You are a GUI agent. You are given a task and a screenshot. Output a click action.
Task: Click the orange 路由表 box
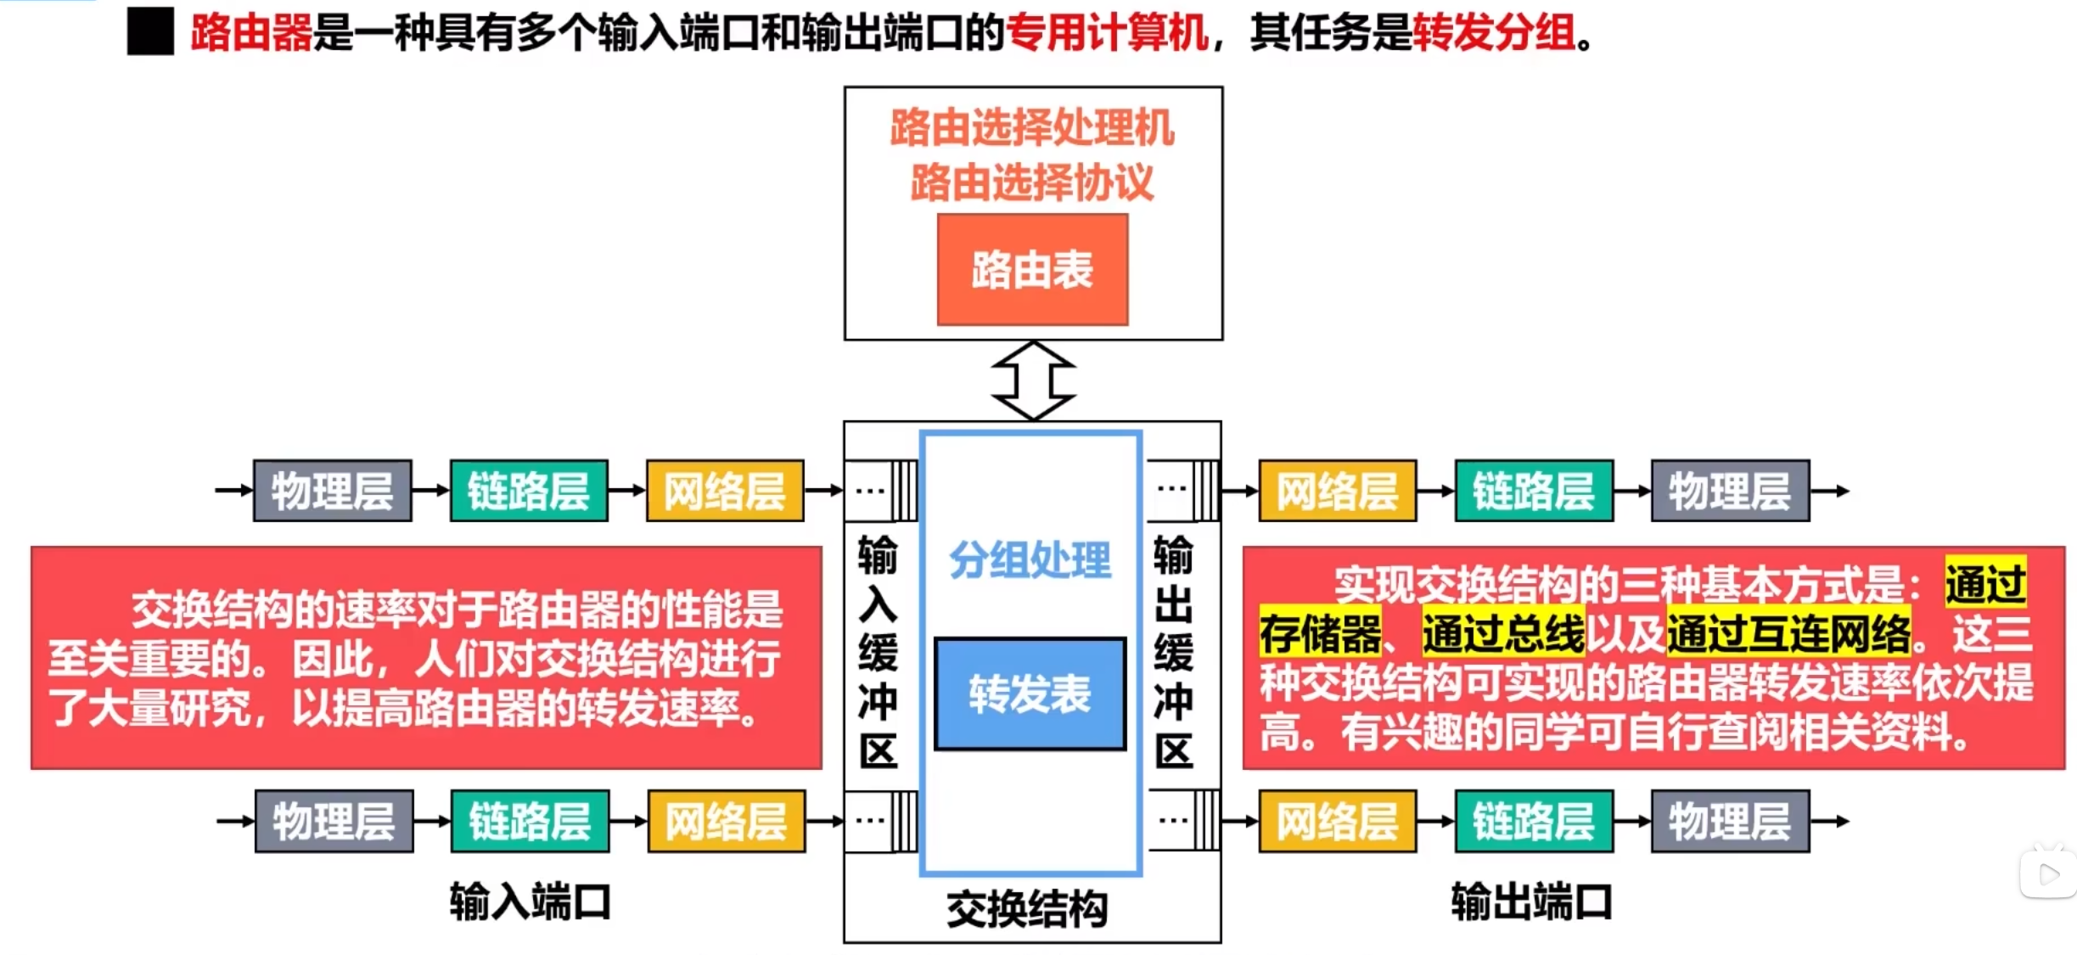click(x=1032, y=269)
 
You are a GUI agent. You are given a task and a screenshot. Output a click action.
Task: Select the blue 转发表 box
click(x=1030, y=694)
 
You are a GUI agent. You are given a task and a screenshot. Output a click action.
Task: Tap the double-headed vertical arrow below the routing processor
click(x=1033, y=380)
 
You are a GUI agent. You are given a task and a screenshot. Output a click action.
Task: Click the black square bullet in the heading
click(x=150, y=31)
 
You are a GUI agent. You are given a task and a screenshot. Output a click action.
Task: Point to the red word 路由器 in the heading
click(x=252, y=33)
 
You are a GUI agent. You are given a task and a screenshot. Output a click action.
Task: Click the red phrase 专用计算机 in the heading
click(x=1107, y=33)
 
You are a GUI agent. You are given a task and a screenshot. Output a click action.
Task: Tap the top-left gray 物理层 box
click(x=332, y=491)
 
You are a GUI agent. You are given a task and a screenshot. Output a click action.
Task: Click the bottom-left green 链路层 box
click(x=530, y=821)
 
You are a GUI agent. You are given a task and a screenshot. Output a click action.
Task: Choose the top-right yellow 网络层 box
click(x=1337, y=491)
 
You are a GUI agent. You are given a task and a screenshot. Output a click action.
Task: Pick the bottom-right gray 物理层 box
click(x=1730, y=821)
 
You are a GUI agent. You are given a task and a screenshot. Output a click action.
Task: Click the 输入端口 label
click(x=530, y=902)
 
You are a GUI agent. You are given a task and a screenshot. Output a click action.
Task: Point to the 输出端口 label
click(x=1531, y=902)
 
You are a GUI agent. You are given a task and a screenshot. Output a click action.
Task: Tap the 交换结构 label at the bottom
click(x=1027, y=909)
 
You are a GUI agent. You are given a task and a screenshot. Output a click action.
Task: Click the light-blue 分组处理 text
click(x=1030, y=560)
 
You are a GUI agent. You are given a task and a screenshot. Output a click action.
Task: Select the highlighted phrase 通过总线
click(x=1503, y=633)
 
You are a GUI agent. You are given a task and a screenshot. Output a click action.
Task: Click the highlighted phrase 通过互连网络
click(x=1788, y=633)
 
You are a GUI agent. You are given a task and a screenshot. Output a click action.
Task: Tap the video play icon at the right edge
click(x=2047, y=874)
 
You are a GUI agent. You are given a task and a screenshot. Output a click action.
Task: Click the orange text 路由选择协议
click(x=1032, y=182)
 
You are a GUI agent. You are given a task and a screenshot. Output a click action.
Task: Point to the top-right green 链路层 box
click(x=1534, y=491)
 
